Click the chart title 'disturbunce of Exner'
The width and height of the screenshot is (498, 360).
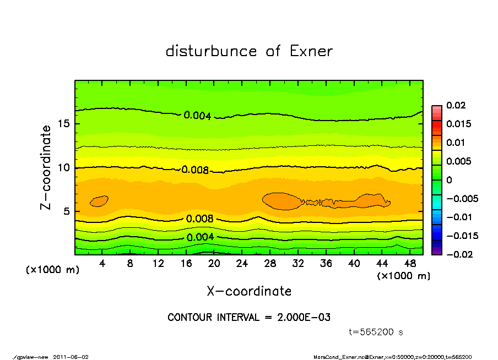[249, 51]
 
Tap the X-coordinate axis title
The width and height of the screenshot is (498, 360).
[249, 291]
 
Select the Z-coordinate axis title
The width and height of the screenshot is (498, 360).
[46, 167]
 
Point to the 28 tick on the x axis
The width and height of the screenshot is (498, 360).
[270, 264]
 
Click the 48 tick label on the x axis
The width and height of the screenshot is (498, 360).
[410, 264]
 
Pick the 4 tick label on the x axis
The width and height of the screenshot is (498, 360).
[102, 264]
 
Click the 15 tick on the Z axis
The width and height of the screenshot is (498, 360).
[64, 124]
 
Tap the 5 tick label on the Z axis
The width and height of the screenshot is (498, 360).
[67, 211]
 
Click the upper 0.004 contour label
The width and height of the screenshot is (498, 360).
[198, 116]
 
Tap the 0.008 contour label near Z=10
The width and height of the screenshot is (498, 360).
[195, 170]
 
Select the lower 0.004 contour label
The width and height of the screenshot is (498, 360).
[200, 237]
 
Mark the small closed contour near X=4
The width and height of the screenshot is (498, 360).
[99, 201]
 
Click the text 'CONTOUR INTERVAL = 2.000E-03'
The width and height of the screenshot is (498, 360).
[249, 317]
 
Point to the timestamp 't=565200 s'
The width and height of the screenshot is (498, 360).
[376, 332]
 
